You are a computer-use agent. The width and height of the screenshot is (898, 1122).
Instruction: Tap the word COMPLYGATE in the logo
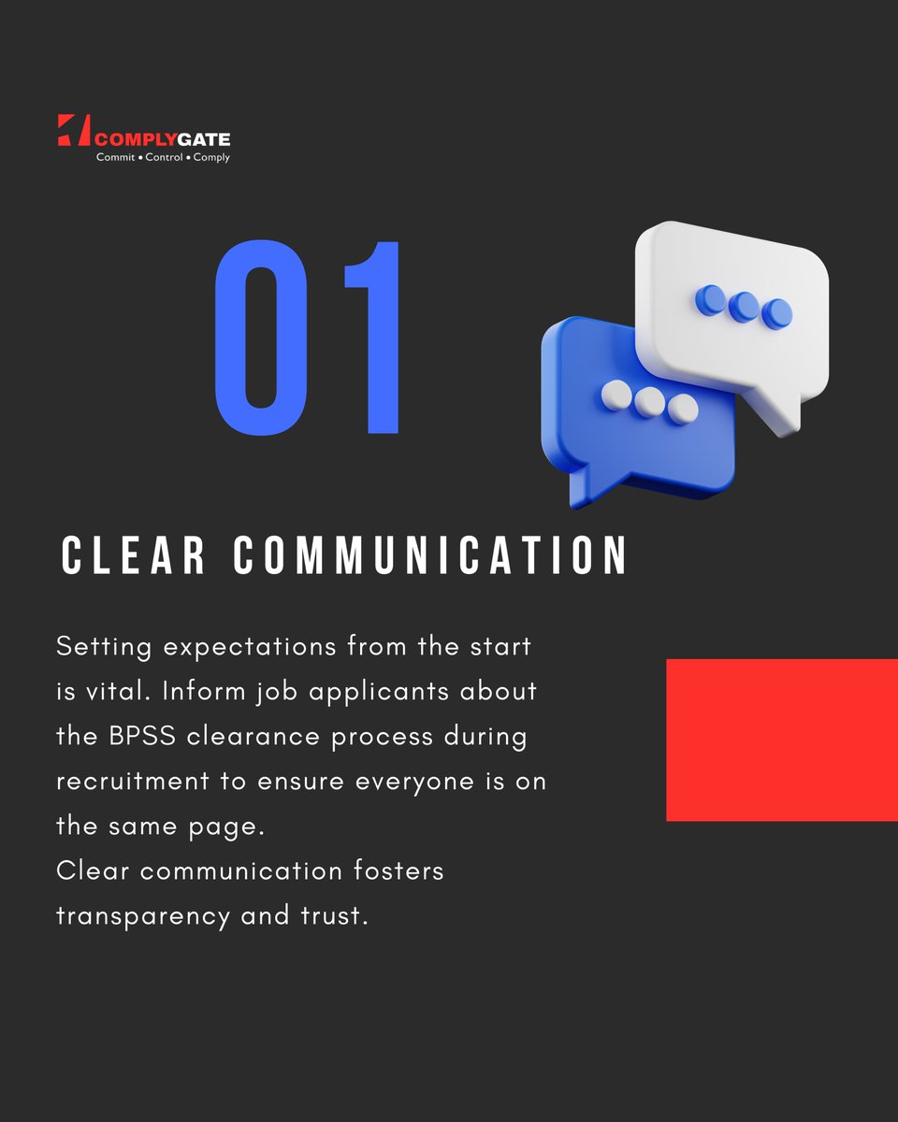pos(163,139)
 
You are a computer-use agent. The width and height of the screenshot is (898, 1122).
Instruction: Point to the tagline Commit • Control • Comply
pos(163,157)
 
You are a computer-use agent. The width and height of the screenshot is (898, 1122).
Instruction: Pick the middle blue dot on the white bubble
pos(744,305)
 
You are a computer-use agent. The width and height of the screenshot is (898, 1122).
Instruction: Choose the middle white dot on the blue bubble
pos(648,402)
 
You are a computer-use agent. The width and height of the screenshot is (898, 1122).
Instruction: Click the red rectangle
pos(781,740)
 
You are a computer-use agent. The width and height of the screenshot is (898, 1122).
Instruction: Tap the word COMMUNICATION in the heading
pos(430,556)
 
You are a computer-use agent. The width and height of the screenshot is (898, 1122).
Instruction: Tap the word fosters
pos(398,871)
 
